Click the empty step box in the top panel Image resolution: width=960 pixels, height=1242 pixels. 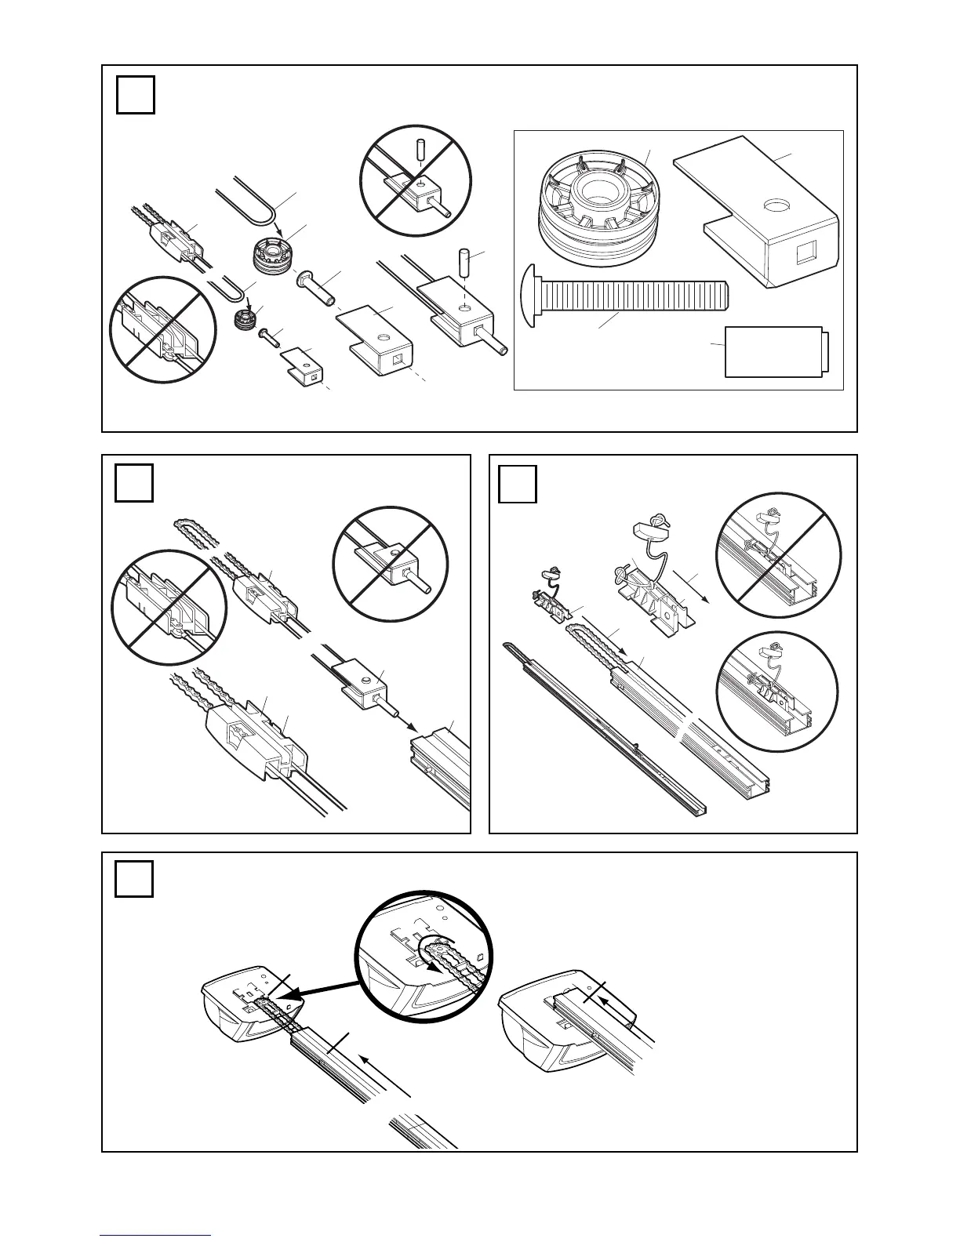(135, 95)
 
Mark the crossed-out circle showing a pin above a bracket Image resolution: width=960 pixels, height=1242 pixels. (415, 180)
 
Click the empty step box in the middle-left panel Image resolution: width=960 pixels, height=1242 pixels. (133, 483)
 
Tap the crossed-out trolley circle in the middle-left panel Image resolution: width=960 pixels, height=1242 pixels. (169, 607)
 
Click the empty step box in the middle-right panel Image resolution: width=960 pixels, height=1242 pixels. (518, 484)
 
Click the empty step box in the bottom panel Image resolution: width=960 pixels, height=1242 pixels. (133, 879)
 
